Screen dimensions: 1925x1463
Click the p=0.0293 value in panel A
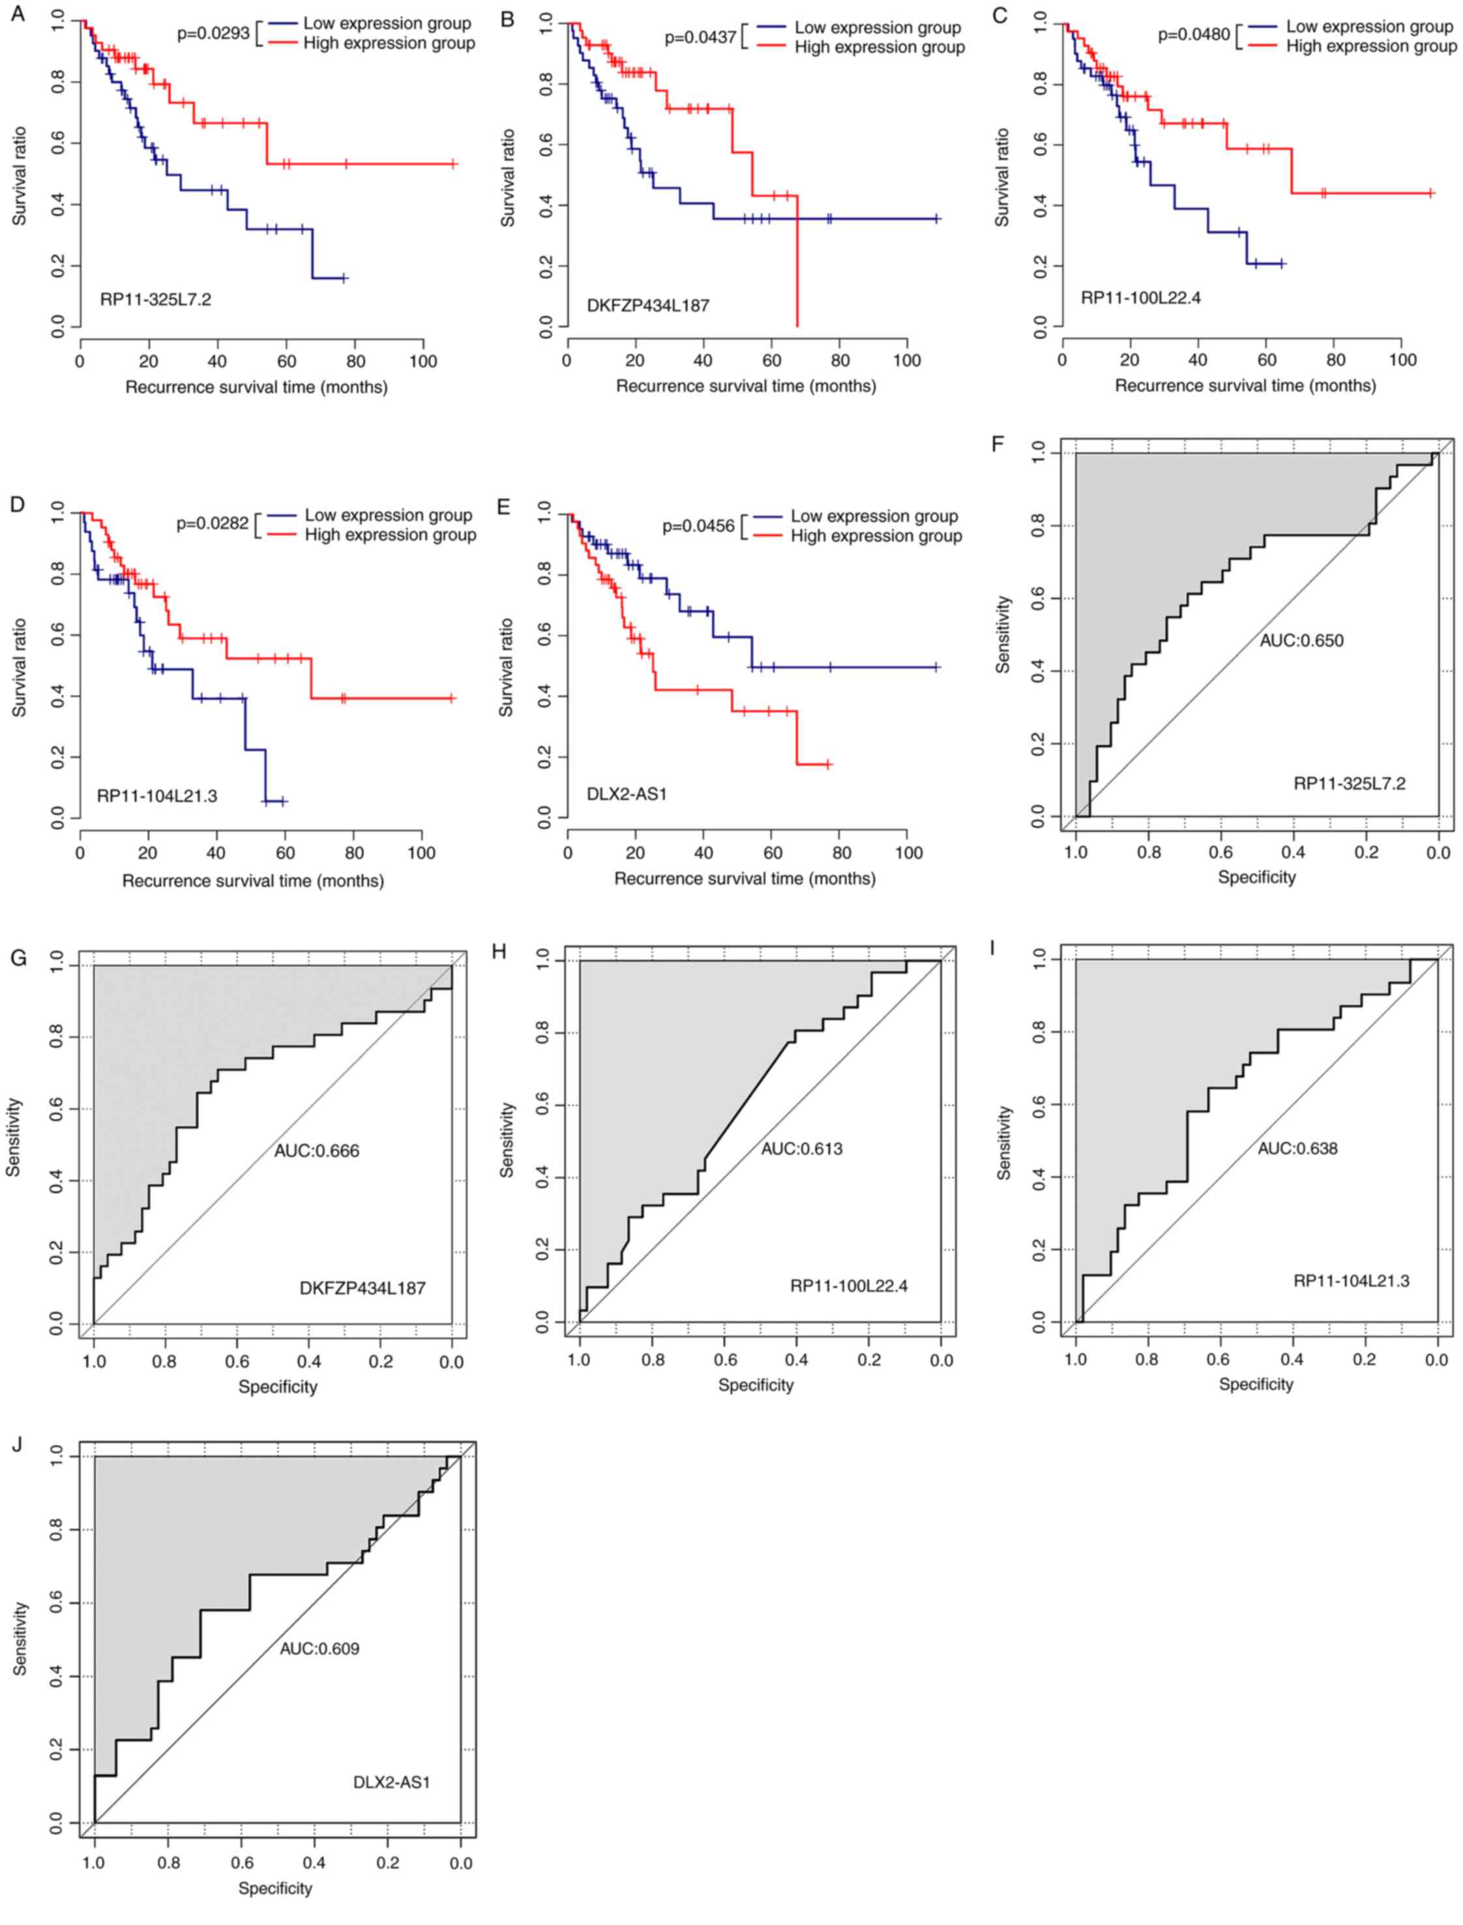(x=213, y=34)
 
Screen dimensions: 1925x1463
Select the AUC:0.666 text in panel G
(x=316, y=1151)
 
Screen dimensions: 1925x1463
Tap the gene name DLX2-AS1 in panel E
(x=626, y=794)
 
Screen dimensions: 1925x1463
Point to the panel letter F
(x=998, y=443)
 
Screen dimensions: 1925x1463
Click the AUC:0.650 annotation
(x=1301, y=641)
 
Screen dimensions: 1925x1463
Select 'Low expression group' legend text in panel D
(x=389, y=516)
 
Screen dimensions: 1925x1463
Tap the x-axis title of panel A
(x=256, y=387)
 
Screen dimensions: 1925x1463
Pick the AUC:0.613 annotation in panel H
(x=802, y=1149)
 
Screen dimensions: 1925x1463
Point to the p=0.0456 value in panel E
(x=698, y=526)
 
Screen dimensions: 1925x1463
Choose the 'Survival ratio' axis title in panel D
(x=19, y=666)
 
